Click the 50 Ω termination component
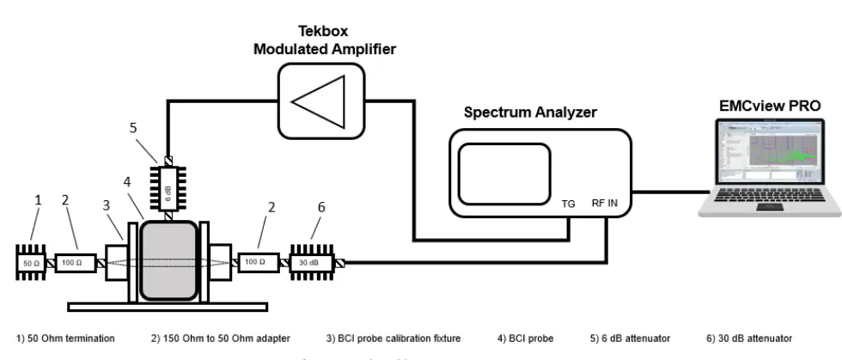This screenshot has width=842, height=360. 31,261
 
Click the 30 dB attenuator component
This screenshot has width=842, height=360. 314,262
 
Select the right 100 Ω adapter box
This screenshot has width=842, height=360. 258,261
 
